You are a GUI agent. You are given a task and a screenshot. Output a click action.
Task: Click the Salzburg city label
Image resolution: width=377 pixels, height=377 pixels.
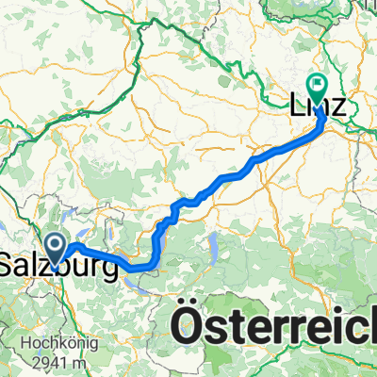point(59,269)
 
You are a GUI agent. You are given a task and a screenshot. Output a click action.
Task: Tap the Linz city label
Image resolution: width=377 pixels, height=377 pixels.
point(320,109)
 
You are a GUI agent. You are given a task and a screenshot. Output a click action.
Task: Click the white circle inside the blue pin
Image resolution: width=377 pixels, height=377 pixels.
point(57,245)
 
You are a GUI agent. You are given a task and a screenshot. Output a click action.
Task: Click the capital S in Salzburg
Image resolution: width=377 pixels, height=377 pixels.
point(8,268)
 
